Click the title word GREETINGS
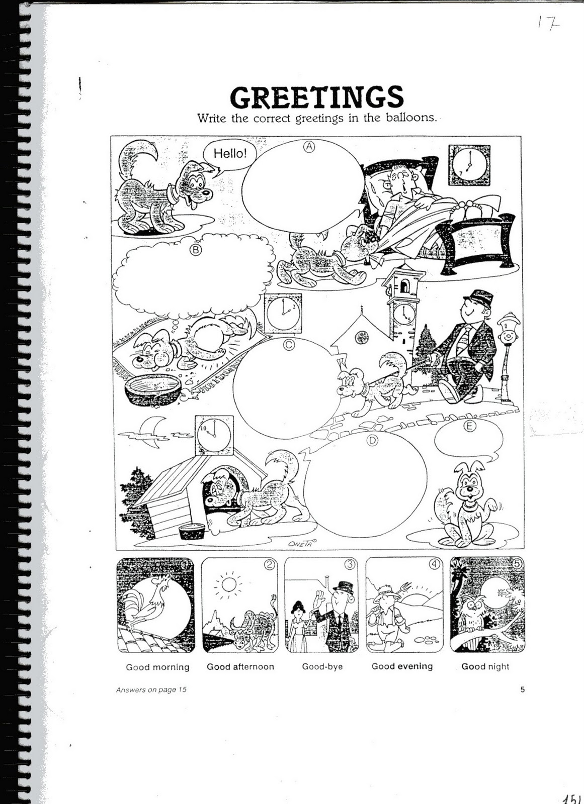click(316, 97)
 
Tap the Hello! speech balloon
click(230, 153)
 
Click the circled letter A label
click(309, 146)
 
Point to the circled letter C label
click(289, 345)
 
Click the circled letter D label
click(372, 441)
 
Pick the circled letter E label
click(470, 427)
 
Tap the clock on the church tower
click(401, 315)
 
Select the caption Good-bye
click(322, 666)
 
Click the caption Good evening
click(402, 666)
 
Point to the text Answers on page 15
click(151, 689)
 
